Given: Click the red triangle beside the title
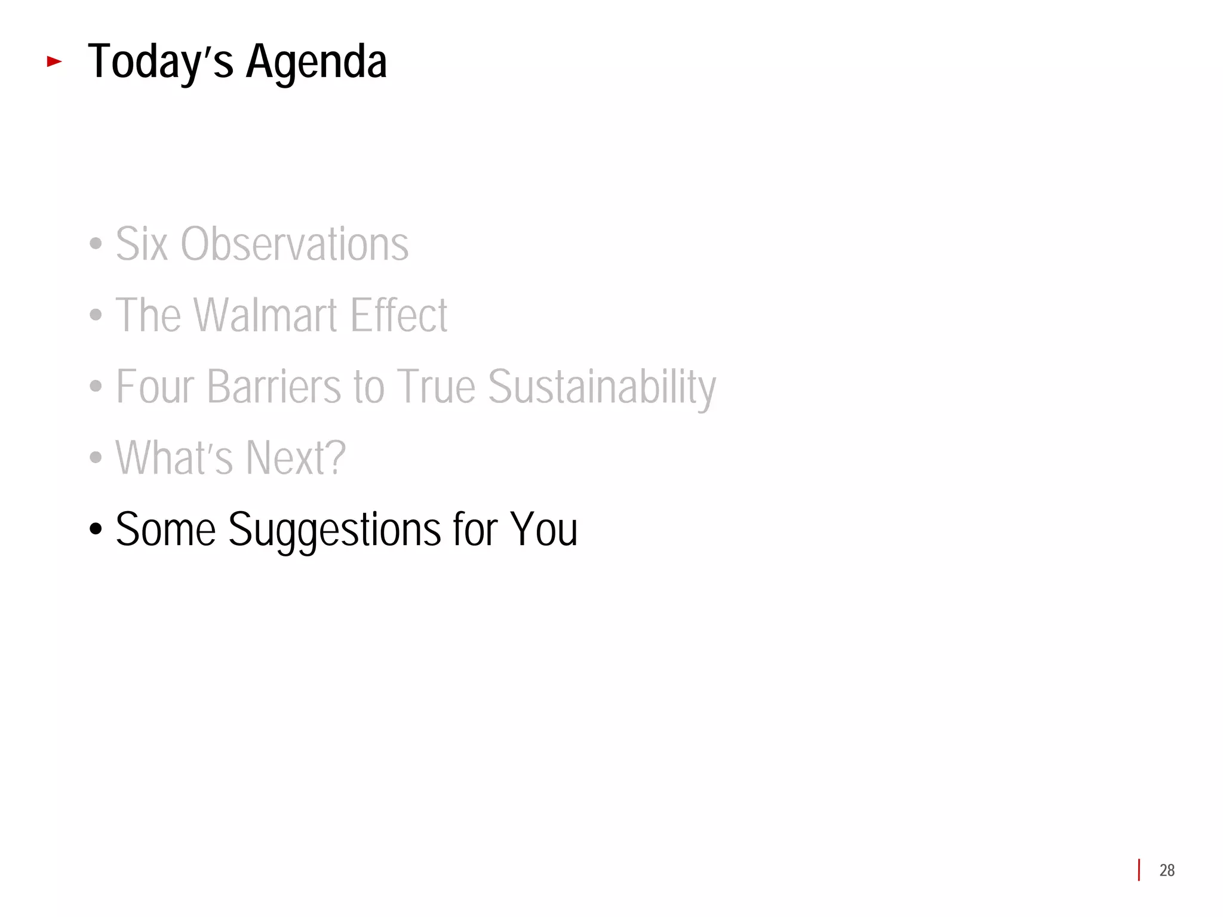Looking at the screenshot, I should click(54, 61).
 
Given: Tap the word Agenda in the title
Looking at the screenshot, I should click(316, 62).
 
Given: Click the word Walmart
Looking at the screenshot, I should click(266, 315).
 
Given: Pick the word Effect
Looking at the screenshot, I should click(399, 315).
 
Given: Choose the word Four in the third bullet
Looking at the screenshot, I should click(155, 386).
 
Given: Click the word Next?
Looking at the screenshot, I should click(296, 457).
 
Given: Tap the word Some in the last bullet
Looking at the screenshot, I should click(165, 529).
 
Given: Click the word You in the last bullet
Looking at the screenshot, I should click(543, 529).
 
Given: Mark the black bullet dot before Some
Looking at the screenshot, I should click(96, 529).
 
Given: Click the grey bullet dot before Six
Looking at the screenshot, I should click(96, 244).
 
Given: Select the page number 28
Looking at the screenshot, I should click(1167, 870).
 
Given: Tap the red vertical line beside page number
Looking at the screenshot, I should click(1139, 870).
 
